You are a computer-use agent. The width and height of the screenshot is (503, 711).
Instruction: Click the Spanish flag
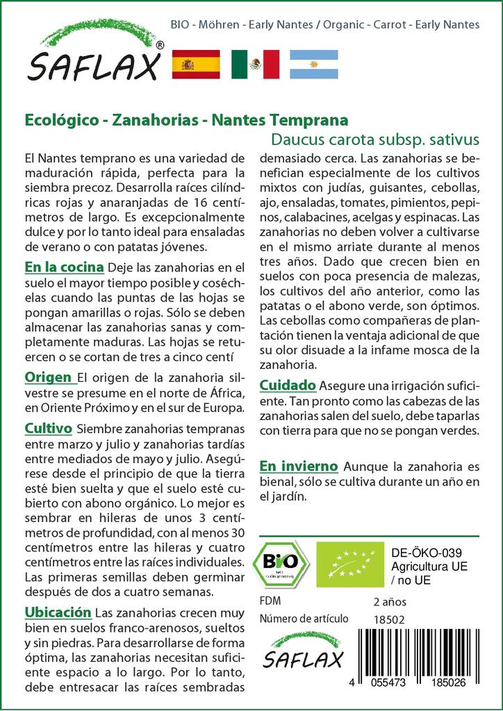point(195,65)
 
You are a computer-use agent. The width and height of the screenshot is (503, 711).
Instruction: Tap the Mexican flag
point(255,65)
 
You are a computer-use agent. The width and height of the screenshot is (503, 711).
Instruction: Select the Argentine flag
point(313,65)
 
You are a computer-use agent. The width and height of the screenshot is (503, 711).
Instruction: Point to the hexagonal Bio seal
point(281,563)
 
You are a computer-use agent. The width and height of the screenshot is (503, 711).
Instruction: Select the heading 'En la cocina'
point(64,267)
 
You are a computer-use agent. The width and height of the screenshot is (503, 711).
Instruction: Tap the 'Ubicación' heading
point(58,612)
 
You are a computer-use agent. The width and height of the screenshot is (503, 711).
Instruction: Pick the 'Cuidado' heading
point(288,385)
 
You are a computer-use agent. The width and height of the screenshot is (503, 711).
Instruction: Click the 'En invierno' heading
point(299,466)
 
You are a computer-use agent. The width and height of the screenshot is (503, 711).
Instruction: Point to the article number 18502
point(389,619)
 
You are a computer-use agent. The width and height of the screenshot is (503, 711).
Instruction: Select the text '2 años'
point(390,601)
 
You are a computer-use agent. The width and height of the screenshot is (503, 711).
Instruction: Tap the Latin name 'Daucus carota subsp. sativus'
point(375,138)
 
